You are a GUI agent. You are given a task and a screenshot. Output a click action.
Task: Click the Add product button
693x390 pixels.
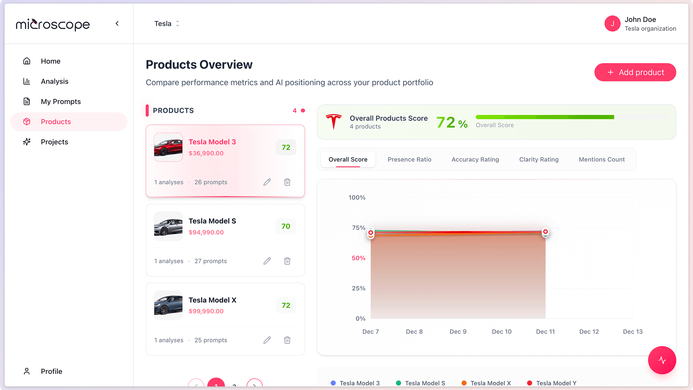pyautogui.click(x=635, y=72)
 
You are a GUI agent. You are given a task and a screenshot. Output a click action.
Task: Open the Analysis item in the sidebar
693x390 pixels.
pyautogui.click(x=54, y=81)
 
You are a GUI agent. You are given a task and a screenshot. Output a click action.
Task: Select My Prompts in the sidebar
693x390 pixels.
pyautogui.click(x=60, y=101)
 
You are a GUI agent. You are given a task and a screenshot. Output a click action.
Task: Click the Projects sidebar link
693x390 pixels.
pyautogui.click(x=54, y=142)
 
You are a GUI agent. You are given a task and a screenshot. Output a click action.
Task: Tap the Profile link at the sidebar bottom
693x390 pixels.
pyautogui.click(x=51, y=371)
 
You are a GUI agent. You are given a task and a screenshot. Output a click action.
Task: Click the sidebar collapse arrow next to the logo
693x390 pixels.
pyautogui.click(x=117, y=23)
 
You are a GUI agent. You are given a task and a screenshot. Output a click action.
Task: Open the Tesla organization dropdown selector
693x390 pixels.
pyautogui.click(x=167, y=23)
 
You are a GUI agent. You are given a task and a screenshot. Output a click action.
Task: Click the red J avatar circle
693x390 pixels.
pyautogui.click(x=612, y=23)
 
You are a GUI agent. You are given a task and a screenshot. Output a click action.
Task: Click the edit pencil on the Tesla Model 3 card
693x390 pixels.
pyautogui.click(x=267, y=182)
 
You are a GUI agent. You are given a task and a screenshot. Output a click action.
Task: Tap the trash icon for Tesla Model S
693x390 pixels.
pyautogui.click(x=287, y=261)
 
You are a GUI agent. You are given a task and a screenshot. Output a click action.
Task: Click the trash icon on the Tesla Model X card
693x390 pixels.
pyautogui.click(x=287, y=340)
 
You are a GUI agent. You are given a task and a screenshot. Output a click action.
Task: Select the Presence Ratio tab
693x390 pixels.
pyautogui.click(x=409, y=159)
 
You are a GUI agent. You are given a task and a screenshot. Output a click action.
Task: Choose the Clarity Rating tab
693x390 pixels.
pyautogui.click(x=539, y=159)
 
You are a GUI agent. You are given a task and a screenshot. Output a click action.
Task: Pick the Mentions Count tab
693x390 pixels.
pyautogui.click(x=601, y=159)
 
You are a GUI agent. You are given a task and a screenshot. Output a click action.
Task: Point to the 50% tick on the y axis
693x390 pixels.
pyautogui.click(x=358, y=258)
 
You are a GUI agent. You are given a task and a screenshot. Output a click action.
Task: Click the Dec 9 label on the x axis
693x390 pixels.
pyautogui.click(x=458, y=331)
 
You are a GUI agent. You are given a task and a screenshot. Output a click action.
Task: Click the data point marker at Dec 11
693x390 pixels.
pyautogui.click(x=545, y=232)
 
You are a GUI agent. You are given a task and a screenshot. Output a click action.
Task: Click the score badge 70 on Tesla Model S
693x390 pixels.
pyautogui.click(x=286, y=226)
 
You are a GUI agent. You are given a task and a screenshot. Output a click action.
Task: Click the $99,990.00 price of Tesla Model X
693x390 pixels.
pyautogui.click(x=206, y=311)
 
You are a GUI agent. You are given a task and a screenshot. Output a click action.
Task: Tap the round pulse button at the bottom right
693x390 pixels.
pyautogui.click(x=662, y=360)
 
